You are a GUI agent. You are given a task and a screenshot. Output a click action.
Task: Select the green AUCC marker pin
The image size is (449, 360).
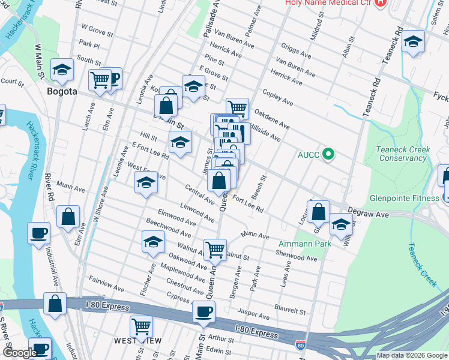[x=328, y=154]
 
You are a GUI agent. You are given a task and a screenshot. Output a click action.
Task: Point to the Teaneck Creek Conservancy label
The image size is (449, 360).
[x=401, y=154]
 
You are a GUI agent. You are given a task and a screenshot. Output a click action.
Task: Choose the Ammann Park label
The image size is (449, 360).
[x=301, y=244]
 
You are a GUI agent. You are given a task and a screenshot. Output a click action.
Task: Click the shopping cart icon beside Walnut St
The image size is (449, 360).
[x=215, y=249]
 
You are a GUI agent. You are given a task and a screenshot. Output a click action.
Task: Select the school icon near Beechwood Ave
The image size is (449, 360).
[x=153, y=241]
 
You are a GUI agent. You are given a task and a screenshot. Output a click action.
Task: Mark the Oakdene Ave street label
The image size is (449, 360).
[x=272, y=119]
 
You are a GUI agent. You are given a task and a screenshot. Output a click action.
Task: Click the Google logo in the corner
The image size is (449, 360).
[x=19, y=353]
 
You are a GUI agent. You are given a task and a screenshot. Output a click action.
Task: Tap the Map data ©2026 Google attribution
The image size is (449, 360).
[x=412, y=355]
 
